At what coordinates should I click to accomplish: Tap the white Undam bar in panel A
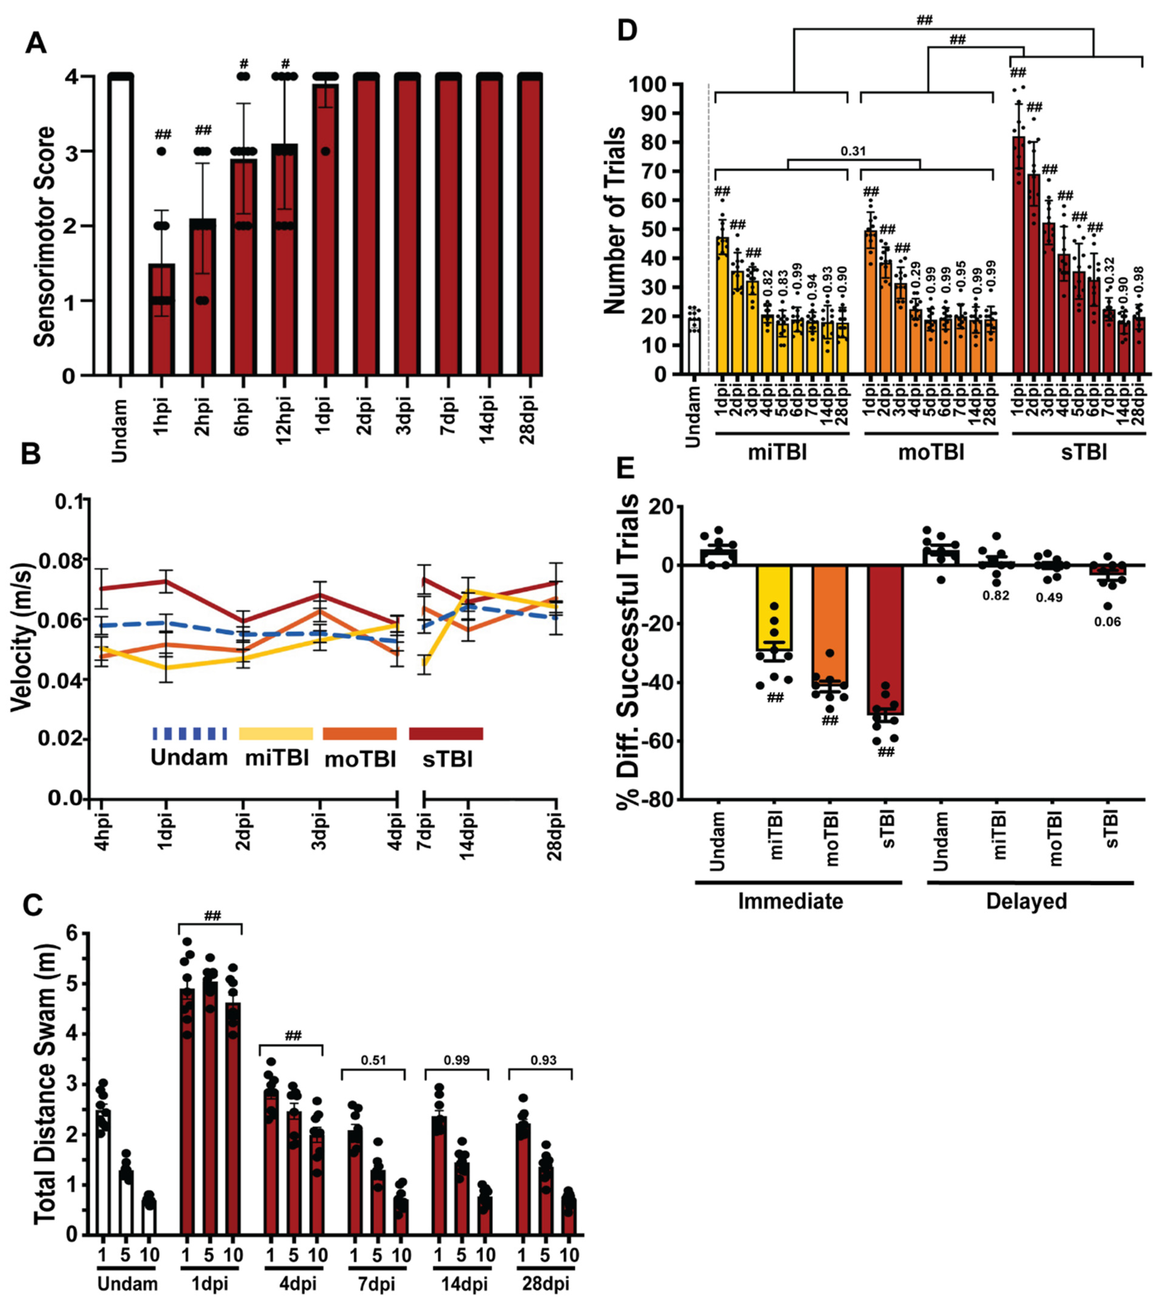tap(120, 224)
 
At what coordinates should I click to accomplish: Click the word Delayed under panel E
tap(1026, 901)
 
